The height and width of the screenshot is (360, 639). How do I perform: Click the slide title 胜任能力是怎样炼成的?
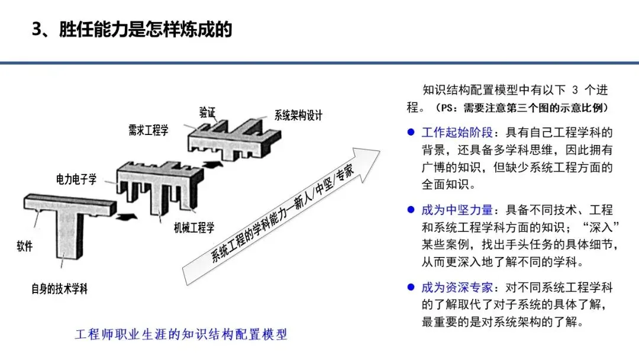click(146, 30)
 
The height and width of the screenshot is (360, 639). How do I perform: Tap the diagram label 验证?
click(207, 112)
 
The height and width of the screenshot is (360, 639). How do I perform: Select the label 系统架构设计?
click(298, 115)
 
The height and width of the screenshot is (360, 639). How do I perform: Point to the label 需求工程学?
click(149, 130)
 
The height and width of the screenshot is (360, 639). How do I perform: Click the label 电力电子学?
click(76, 179)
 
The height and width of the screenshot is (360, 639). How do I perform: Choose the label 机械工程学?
click(194, 227)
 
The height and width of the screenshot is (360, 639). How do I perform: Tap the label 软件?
click(24, 246)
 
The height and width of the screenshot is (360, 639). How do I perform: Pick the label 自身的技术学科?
click(60, 289)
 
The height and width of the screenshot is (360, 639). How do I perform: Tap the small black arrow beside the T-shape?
click(127, 216)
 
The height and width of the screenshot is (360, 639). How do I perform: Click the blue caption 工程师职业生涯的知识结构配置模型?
click(181, 335)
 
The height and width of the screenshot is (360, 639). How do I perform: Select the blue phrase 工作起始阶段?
click(457, 132)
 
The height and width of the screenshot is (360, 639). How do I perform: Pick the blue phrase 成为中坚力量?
click(457, 210)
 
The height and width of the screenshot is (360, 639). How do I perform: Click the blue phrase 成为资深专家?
click(457, 287)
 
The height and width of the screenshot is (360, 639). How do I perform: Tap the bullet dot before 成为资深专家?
click(411, 287)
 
